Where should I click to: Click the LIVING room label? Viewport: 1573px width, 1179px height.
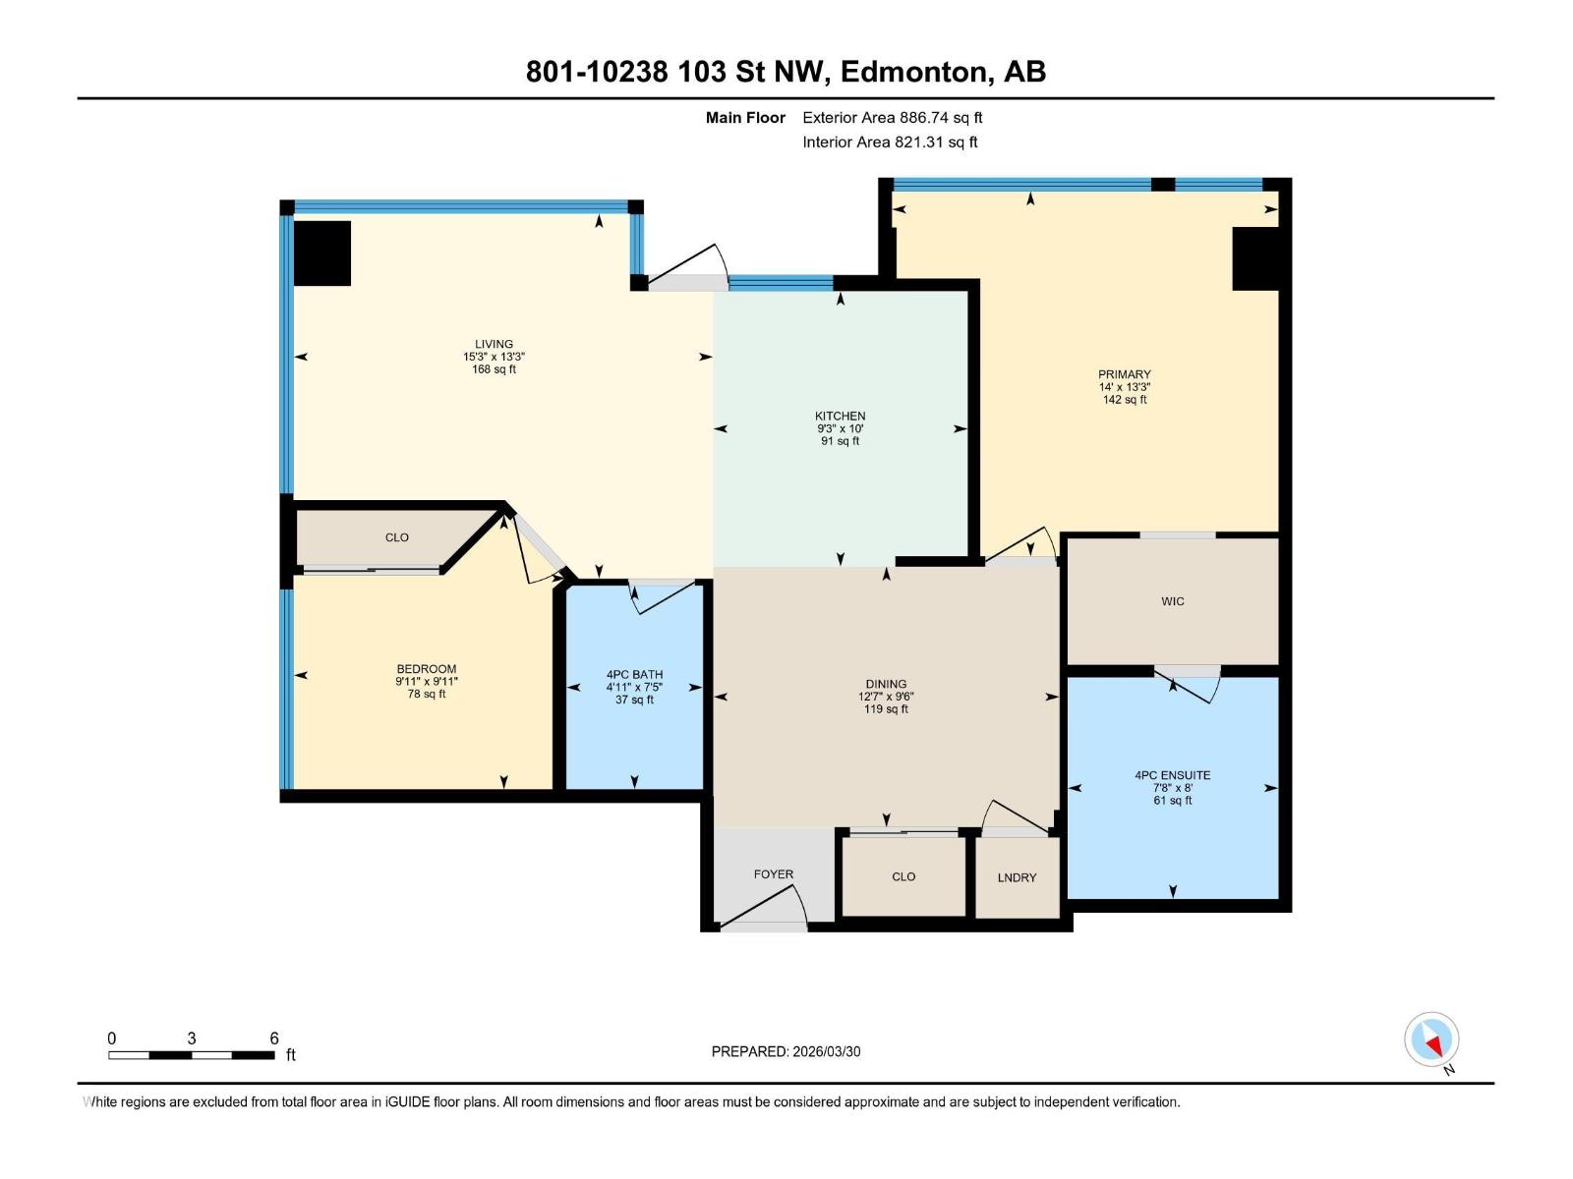pos(494,344)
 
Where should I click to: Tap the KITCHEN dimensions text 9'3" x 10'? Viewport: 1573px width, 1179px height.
pos(840,428)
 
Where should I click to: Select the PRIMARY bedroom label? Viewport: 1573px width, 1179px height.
pos(1124,374)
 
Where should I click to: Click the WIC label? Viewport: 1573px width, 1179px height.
pos(1172,601)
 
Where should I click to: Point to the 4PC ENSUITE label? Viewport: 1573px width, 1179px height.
pos(1172,775)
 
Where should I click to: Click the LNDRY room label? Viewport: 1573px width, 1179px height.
pos(1017,877)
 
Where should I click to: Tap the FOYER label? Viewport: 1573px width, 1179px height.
pos(773,873)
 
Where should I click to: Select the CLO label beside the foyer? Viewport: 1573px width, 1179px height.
pos(903,876)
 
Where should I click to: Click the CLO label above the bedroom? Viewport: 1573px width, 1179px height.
pos(396,537)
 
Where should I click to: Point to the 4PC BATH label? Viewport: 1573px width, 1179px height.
pos(634,675)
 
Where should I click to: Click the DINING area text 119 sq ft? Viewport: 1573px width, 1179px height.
pos(886,708)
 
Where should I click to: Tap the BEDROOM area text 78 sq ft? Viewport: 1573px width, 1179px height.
pos(427,694)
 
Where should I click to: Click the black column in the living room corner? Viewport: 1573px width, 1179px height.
pos(322,253)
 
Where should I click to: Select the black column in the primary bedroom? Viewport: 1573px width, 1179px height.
pos(1255,258)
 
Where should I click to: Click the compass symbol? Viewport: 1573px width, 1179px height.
pos(1431,1039)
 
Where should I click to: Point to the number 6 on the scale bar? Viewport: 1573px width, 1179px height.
pos(274,1039)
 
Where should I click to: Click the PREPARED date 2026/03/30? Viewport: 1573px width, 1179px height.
pos(825,1051)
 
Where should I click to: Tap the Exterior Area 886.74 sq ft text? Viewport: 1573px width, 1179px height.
pos(892,118)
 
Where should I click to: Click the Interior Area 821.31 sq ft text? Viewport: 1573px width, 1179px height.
pos(890,142)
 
